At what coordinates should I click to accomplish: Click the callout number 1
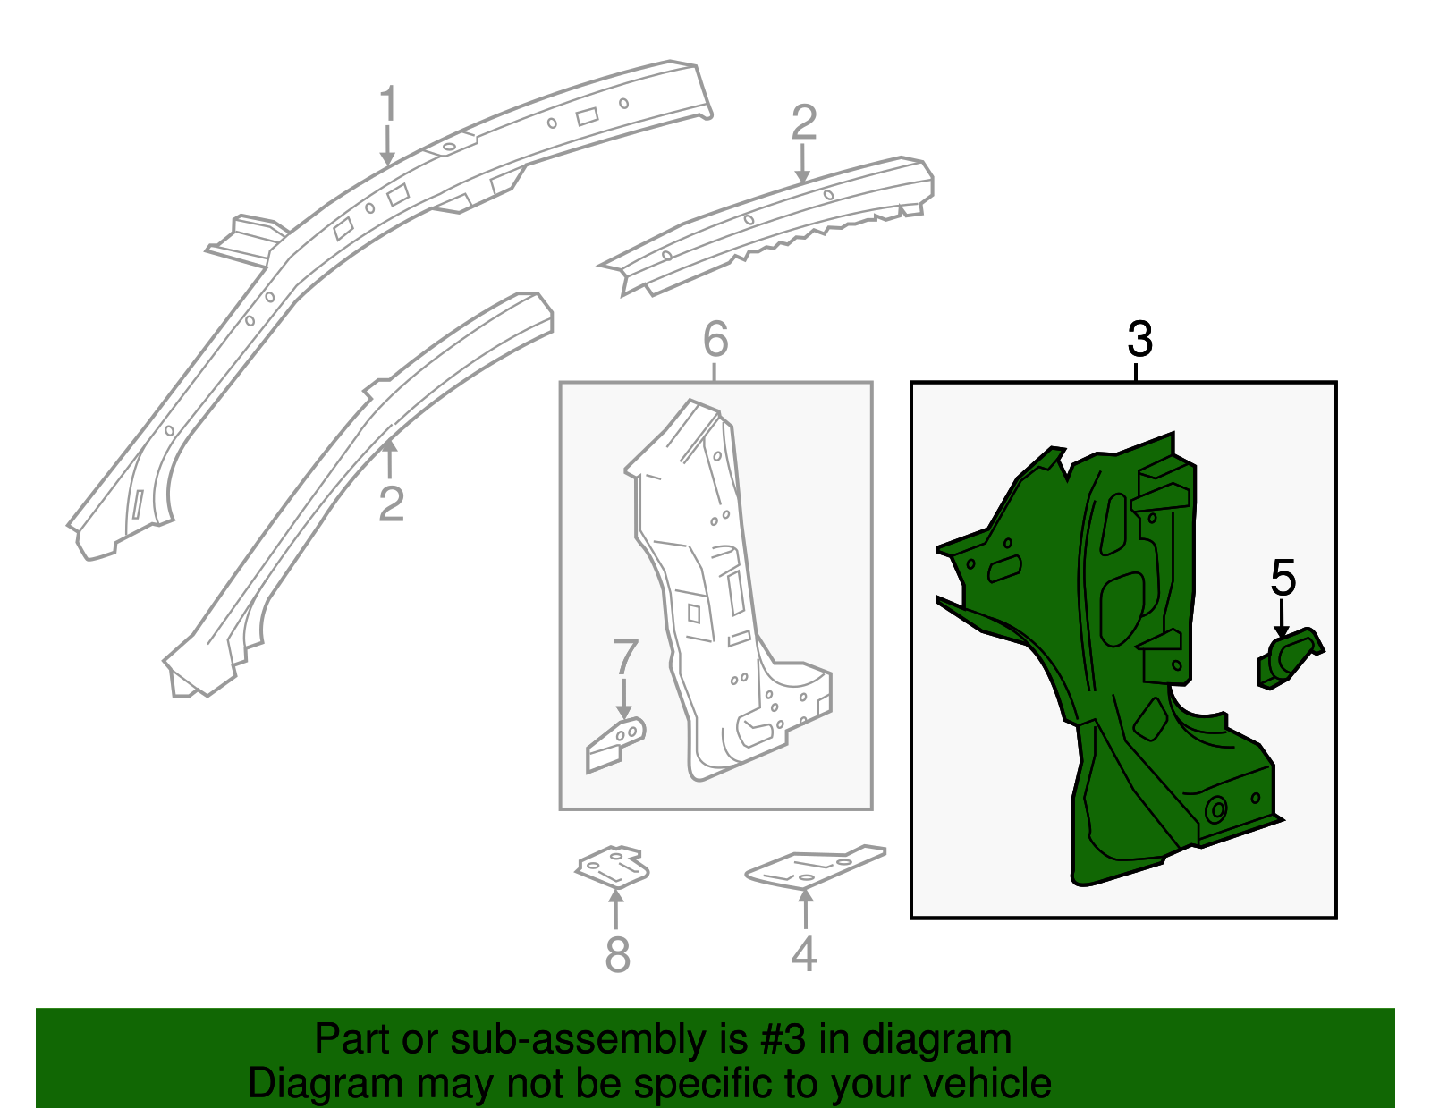[x=388, y=103]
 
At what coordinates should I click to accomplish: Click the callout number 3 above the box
[x=1140, y=339]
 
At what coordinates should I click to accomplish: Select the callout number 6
[x=715, y=339]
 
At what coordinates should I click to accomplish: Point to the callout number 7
[x=625, y=656]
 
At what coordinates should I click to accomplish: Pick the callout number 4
[x=804, y=953]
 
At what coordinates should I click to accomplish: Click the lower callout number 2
[x=391, y=504]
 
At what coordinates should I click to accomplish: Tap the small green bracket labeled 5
[x=1288, y=659]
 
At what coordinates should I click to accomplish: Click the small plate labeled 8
[x=613, y=867]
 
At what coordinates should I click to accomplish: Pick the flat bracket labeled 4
[x=816, y=867]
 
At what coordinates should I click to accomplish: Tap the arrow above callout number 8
[x=615, y=910]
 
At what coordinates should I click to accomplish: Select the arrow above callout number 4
[x=806, y=910]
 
